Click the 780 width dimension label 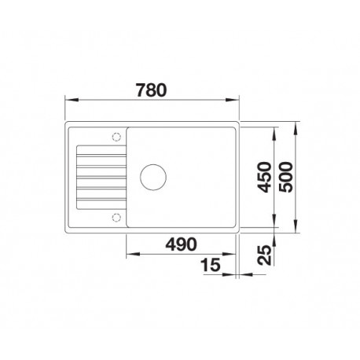(x=151, y=90)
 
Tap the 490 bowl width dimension (x=181, y=244)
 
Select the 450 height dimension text (x=264, y=177)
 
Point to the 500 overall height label (x=285, y=177)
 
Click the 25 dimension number (x=264, y=255)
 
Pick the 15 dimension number (x=211, y=265)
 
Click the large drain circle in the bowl (x=153, y=177)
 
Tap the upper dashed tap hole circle (x=116, y=137)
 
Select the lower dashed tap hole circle (x=116, y=217)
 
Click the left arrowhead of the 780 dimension (x=72, y=100)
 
